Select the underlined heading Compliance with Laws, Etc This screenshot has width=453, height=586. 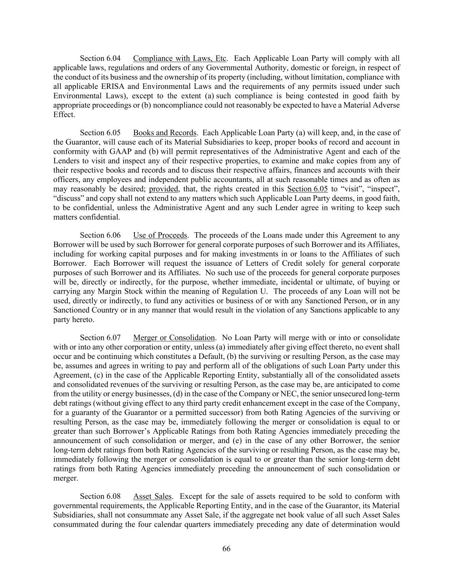tap(179, 58)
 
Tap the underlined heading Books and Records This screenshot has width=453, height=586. tap(164, 133)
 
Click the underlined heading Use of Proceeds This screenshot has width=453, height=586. tap(160, 235)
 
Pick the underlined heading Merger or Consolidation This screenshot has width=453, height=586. tap(173, 338)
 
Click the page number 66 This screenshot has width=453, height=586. tap(226, 549)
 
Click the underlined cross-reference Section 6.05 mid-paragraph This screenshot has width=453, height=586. tap(307, 189)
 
